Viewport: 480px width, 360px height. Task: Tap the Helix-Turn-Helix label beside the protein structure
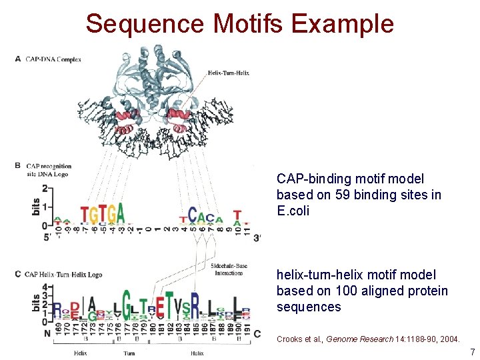click(229, 73)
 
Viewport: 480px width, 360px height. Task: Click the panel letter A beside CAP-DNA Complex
click(17, 59)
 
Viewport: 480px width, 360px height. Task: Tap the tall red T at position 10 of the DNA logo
click(237, 215)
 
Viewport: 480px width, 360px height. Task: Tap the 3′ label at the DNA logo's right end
click(257, 237)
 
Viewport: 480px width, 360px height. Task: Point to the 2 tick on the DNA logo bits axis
click(44, 189)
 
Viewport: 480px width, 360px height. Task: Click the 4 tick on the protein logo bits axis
click(44, 287)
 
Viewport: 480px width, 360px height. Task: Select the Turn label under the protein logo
click(129, 353)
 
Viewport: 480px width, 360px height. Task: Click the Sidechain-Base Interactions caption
click(227, 269)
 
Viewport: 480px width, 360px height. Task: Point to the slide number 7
click(472, 351)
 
